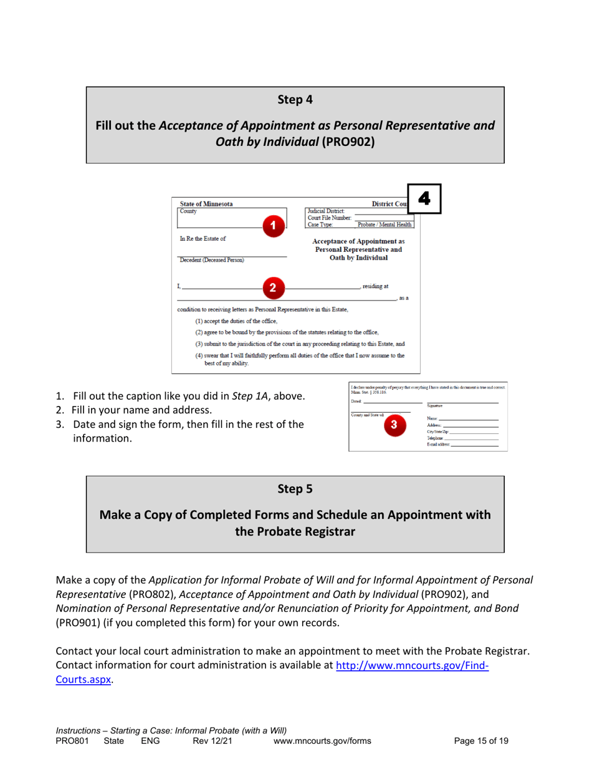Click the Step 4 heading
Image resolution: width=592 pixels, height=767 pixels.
click(x=295, y=99)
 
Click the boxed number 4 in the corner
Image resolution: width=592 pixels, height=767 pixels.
click(x=424, y=198)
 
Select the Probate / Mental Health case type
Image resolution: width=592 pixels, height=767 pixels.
click(x=384, y=224)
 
